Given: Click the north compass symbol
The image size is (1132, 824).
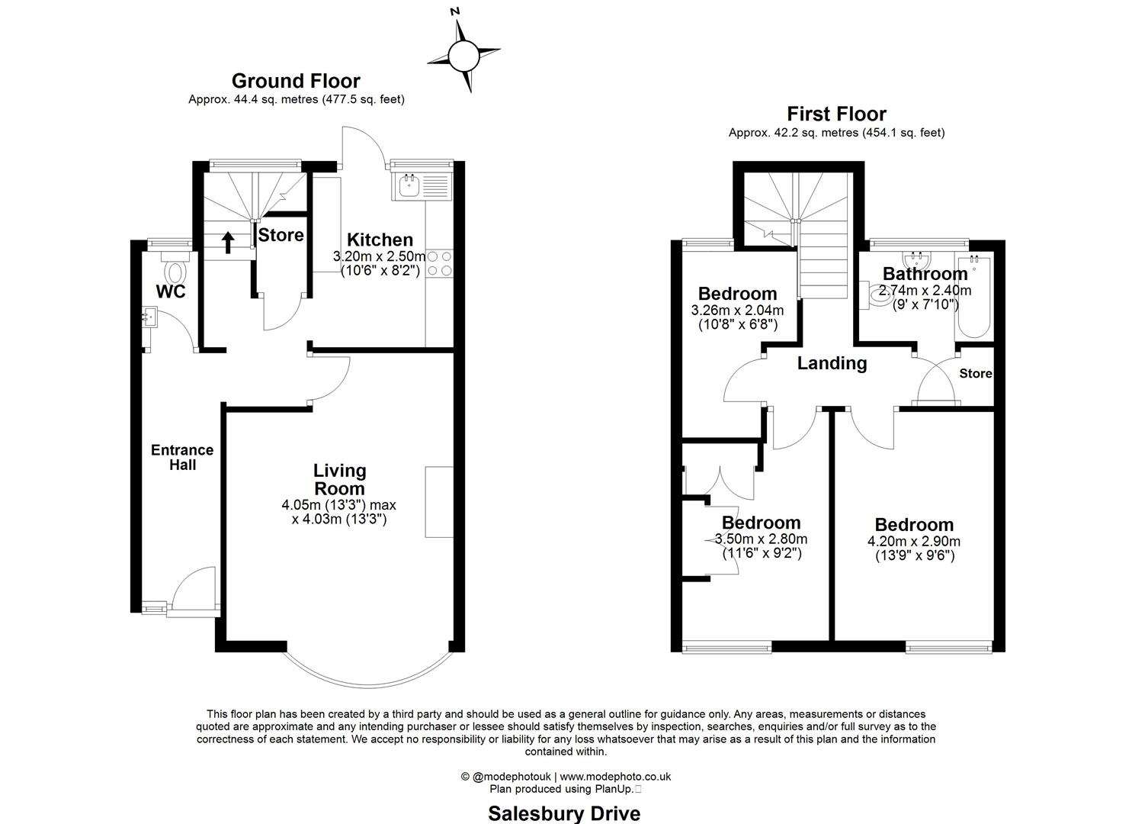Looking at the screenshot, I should (x=461, y=56).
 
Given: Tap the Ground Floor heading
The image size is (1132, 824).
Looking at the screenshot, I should (x=296, y=81).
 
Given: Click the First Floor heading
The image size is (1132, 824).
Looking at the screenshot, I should (x=836, y=114).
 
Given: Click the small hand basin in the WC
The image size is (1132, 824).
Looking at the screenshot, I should (x=149, y=316).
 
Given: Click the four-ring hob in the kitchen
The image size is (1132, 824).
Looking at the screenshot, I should (x=439, y=263).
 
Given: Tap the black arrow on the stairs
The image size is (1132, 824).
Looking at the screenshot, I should (x=227, y=242).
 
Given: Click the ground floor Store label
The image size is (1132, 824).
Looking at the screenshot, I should (x=281, y=235).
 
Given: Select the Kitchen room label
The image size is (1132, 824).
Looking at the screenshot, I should (x=380, y=240).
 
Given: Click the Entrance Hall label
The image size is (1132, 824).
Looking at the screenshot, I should (x=182, y=457).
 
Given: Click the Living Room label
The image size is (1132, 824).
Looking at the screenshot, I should (x=339, y=479).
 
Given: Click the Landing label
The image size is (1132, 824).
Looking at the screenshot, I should (x=832, y=363).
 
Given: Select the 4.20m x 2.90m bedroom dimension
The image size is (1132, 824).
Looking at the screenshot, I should (x=914, y=542).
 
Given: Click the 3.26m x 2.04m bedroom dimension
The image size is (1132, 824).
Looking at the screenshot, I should (x=737, y=311).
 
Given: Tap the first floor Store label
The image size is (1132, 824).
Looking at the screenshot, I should (x=975, y=374).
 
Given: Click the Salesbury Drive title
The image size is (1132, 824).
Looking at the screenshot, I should (x=564, y=813).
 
